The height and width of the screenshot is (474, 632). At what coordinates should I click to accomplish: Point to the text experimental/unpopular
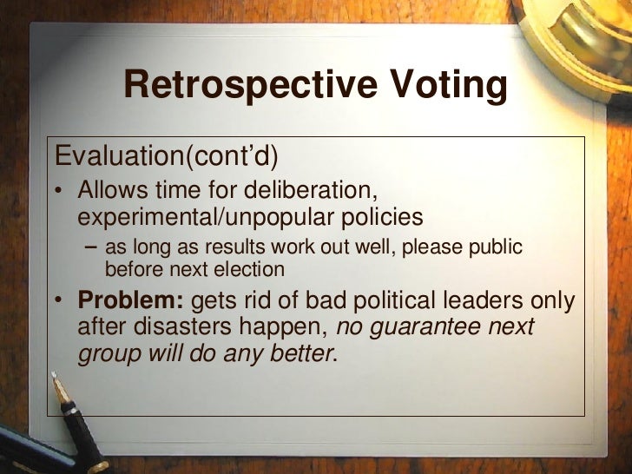[x=201, y=214]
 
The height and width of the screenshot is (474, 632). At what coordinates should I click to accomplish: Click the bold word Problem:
[x=130, y=301]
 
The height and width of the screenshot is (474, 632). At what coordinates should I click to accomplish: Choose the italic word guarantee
[x=420, y=327]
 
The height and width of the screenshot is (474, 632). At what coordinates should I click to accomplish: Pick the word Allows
[x=111, y=189]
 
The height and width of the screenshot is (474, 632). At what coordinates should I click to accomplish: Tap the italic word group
[x=105, y=354]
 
